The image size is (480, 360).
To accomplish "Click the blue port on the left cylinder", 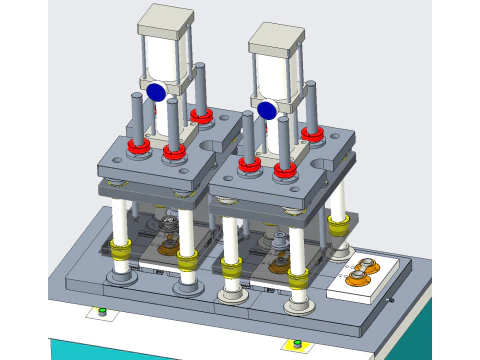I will pyautogui.click(x=156, y=92).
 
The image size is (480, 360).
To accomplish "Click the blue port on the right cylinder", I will pyautogui.click(x=266, y=109).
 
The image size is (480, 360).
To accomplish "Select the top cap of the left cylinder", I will pyautogui.click(x=165, y=20).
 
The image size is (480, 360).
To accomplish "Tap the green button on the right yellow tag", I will pyautogui.click(x=296, y=345).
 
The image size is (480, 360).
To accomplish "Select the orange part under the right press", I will pyautogui.click(x=279, y=261).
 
